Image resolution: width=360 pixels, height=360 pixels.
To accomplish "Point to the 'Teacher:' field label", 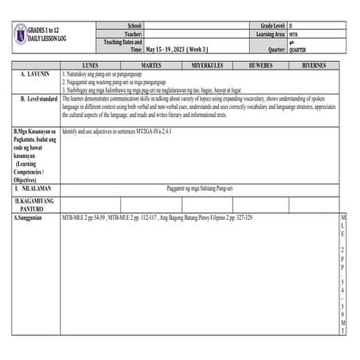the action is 132,35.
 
